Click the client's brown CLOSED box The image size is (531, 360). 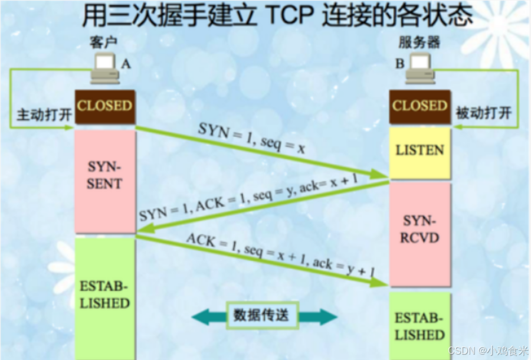tap(105, 107)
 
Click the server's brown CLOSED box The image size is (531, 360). tap(419, 107)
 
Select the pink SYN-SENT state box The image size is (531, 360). tap(105, 175)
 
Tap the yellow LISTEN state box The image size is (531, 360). tap(419, 150)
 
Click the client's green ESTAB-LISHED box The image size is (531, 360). tap(105, 295)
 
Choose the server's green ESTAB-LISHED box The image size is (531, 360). tap(419, 326)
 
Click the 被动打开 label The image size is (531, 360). tap(483, 113)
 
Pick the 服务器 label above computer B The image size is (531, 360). tap(419, 42)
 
